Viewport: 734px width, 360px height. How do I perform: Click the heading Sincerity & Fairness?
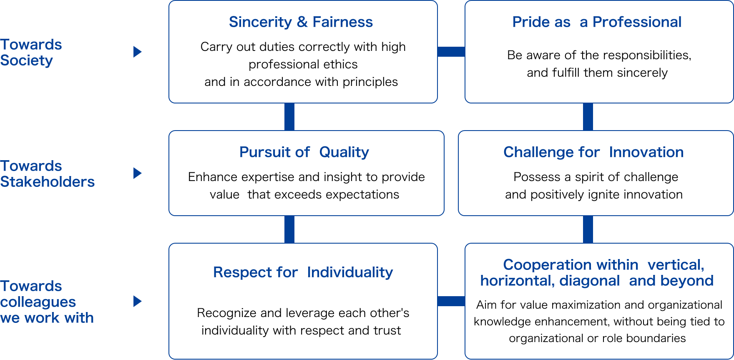[301, 22]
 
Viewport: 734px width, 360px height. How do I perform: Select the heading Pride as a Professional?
[597, 22]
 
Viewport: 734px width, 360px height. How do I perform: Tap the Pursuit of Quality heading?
[304, 152]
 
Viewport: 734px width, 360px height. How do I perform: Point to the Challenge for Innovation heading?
[593, 152]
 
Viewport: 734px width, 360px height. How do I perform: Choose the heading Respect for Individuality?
[303, 272]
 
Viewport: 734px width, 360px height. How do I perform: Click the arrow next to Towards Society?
[138, 52]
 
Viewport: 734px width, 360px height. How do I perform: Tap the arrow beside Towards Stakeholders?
[138, 173]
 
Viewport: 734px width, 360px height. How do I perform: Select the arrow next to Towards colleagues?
[138, 301]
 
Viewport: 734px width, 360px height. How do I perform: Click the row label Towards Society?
[31, 53]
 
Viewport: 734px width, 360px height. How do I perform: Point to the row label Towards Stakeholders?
[47, 174]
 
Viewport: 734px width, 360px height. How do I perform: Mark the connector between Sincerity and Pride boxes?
[451, 52]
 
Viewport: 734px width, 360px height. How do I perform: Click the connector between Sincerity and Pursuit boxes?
[289, 117]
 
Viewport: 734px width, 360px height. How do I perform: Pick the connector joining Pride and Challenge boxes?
[588, 117]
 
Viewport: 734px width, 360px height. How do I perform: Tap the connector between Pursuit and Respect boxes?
[289, 229]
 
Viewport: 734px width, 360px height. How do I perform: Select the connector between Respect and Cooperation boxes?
[451, 301]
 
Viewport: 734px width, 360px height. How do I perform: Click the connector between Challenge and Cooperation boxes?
[588, 229]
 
